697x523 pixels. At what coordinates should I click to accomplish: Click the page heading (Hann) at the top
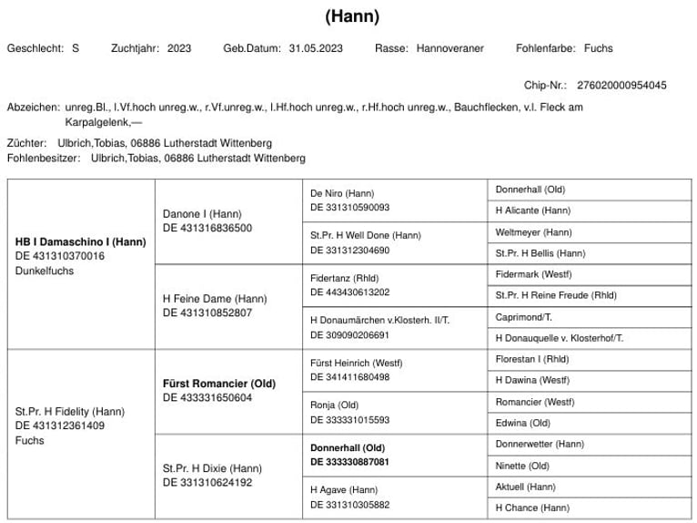[x=351, y=16]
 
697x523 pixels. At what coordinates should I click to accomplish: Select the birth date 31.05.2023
[x=316, y=48]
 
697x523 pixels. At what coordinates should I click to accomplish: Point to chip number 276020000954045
[x=621, y=86]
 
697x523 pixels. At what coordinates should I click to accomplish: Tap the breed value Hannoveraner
[x=450, y=48]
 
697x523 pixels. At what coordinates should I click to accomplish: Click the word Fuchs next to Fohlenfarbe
[x=599, y=48]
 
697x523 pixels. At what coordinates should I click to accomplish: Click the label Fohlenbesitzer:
[x=44, y=158]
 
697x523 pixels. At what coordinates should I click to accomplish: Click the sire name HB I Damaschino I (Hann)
[x=81, y=241]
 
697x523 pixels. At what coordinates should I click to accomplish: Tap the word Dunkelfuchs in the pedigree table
[x=45, y=271]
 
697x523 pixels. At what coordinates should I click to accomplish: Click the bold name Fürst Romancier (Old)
[x=219, y=384]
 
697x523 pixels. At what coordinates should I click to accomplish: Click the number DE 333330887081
[x=349, y=462]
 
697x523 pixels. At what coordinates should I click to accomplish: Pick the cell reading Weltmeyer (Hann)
[x=533, y=232]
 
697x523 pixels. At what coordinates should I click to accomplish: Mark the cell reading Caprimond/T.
[x=523, y=317]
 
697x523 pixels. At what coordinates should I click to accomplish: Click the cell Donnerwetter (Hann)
[x=540, y=444]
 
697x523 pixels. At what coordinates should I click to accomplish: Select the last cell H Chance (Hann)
[x=532, y=508]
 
